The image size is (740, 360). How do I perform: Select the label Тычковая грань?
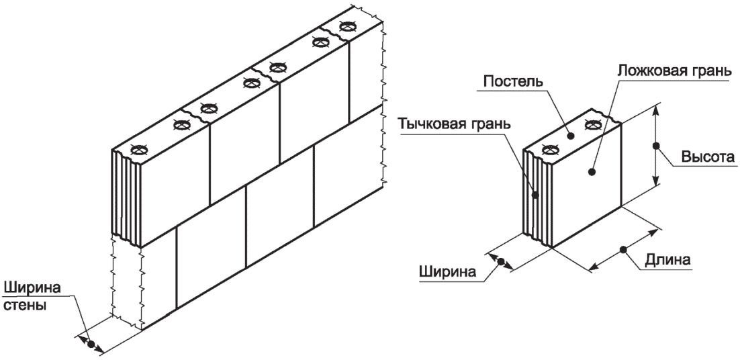pyautogui.click(x=453, y=124)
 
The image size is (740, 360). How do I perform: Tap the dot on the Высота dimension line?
pyautogui.click(x=656, y=145)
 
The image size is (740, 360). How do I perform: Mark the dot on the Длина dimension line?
pyautogui.click(x=623, y=250)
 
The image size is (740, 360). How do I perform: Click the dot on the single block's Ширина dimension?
pyautogui.click(x=501, y=261)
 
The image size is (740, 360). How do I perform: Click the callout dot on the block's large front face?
pyautogui.click(x=591, y=173)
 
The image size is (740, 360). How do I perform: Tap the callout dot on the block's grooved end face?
pyautogui.click(x=535, y=195)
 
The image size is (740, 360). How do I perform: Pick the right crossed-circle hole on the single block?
pyautogui.click(x=592, y=123)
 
